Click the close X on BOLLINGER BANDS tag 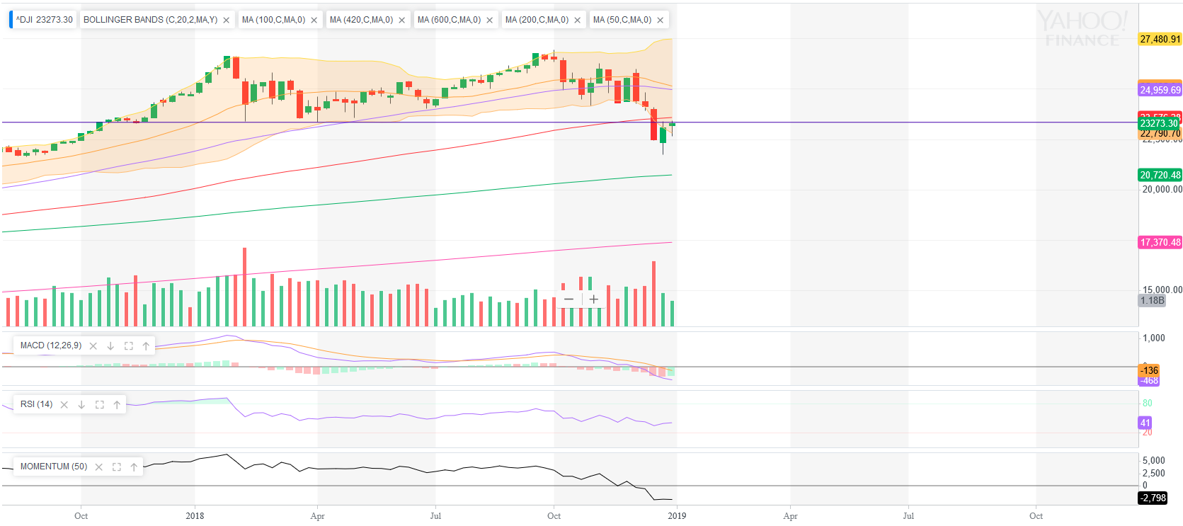click(x=227, y=21)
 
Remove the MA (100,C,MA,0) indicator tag click(x=314, y=21)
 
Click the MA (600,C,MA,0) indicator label click(x=449, y=20)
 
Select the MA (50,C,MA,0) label click(x=622, y=20)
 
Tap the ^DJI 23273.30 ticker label click(x=45, y=20)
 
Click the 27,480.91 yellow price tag click(x=1160, y=39)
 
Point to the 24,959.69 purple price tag click(x=1160, y=90)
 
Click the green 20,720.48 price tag click(x=1160, y=175)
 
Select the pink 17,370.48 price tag click(x=1160, y=242)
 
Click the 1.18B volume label click(x=1152, y=300)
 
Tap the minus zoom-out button click(x=568, y=299)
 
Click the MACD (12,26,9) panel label click(x=51, y=345)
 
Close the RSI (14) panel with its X click(x=64, y=405)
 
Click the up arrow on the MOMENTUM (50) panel click(x=134, y=467)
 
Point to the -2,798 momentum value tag click(x=1153, y=498)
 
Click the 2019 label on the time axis click(x=677, y=516)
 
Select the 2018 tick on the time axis click(x=195, y=516)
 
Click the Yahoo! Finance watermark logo click(x=1082, y=29)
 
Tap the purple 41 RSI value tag click(x=1145, y=423)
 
